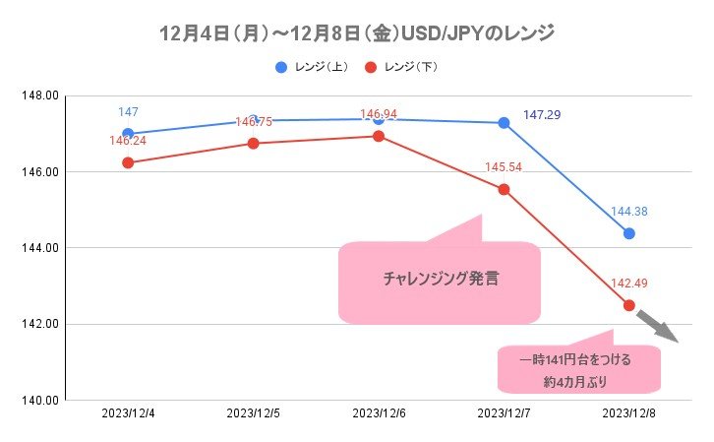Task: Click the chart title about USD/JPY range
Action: (357, 32)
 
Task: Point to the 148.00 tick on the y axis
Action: (40, 95)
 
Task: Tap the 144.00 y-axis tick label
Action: (40, 248)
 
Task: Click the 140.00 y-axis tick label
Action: (40, 401)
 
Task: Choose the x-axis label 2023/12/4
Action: (127, 413)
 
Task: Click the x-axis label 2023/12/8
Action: (628, 413)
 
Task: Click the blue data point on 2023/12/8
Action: (628, 233)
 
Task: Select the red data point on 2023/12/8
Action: (628, 305)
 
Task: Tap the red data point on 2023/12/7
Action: (504, 189)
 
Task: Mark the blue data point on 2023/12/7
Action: (504, 123)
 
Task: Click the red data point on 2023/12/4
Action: (128, 162)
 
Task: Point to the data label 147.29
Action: (542, 115)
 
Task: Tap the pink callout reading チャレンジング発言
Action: (440, 280)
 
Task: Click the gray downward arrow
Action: (657, 325)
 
